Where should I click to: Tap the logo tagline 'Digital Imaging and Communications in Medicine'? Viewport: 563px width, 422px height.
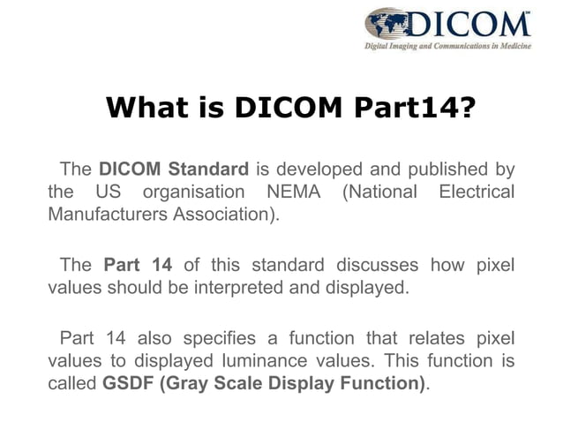click(448, 46)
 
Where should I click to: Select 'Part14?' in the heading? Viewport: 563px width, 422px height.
click(414, 108)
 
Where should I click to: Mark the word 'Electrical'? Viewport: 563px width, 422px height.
click(475, 191)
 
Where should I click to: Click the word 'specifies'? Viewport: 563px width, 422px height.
click(223, 339)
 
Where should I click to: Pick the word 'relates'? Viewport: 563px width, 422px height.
click(426, 339)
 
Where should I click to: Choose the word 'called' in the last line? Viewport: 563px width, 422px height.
click(71, 383)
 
